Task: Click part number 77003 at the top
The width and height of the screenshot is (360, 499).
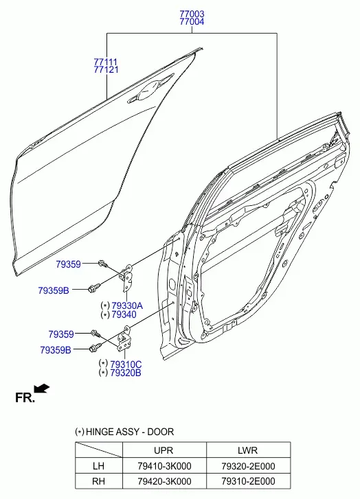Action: coord(192,14)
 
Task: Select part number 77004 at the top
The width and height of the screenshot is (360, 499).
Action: coord(192,22)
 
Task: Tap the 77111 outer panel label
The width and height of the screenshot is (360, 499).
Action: coord(106,62)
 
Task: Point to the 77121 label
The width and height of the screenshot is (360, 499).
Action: coord(106,69)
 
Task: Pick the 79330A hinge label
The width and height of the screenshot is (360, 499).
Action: coord(127,306)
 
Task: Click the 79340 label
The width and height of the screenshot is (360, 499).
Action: coord(124,314)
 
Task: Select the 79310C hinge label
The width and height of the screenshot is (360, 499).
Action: coord(126,364)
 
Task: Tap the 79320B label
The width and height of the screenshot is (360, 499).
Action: coord(126,373)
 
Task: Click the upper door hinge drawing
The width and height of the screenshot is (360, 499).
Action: coord(127,277)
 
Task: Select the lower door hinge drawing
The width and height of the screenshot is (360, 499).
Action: coord(124,339)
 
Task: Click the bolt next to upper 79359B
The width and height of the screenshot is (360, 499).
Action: coord(94,288)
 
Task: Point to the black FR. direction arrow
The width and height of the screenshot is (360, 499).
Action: coord(41,388)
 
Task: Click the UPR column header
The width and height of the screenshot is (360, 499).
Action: coord(164,450)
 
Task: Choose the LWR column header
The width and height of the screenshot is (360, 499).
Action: coord(247,450)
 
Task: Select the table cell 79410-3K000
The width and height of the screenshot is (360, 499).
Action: coord(164,466)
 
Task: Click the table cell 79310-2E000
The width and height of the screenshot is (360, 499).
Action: coord(248,481)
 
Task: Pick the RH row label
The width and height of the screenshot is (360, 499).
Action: coord(98,481)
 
